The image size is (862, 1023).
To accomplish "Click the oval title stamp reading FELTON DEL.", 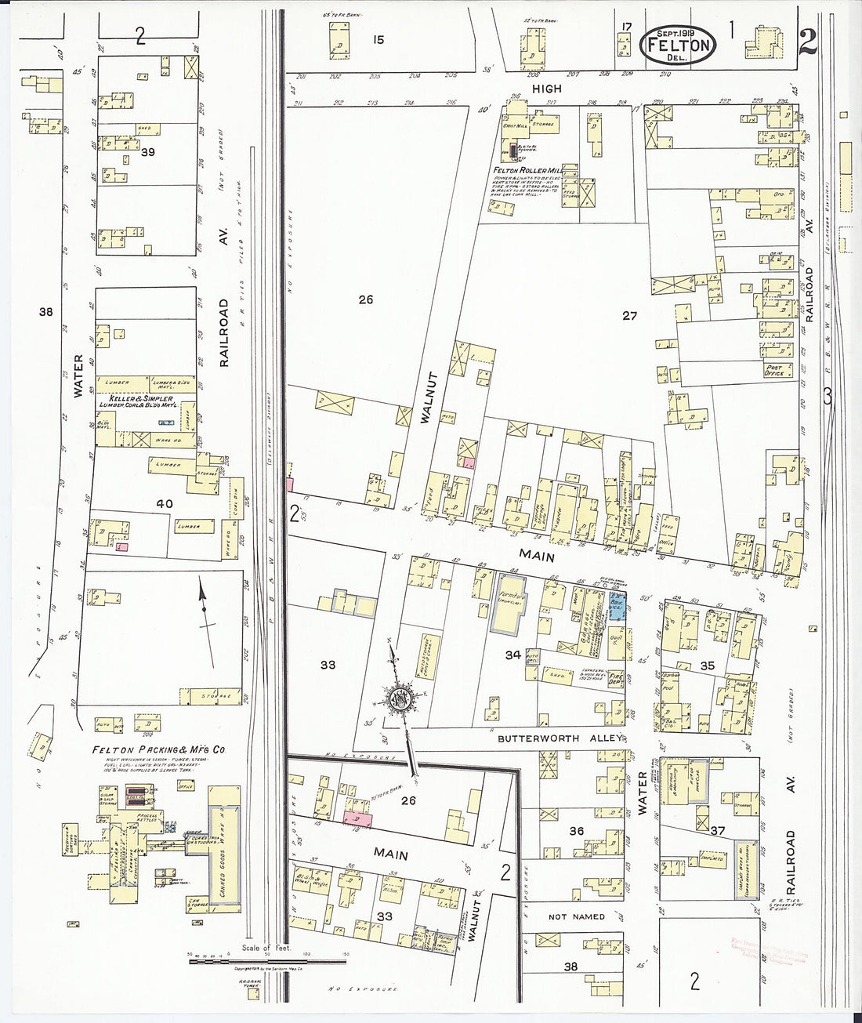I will click(679, 44).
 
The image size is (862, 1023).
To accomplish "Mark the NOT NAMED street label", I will click(577, 916).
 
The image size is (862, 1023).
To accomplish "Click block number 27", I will click(630, 316).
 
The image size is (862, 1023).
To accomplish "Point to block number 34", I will click(512, 654).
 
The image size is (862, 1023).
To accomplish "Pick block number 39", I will click(146, 152).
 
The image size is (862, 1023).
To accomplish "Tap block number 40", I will click(165, 502).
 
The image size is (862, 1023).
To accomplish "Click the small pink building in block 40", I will click(121, 546).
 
